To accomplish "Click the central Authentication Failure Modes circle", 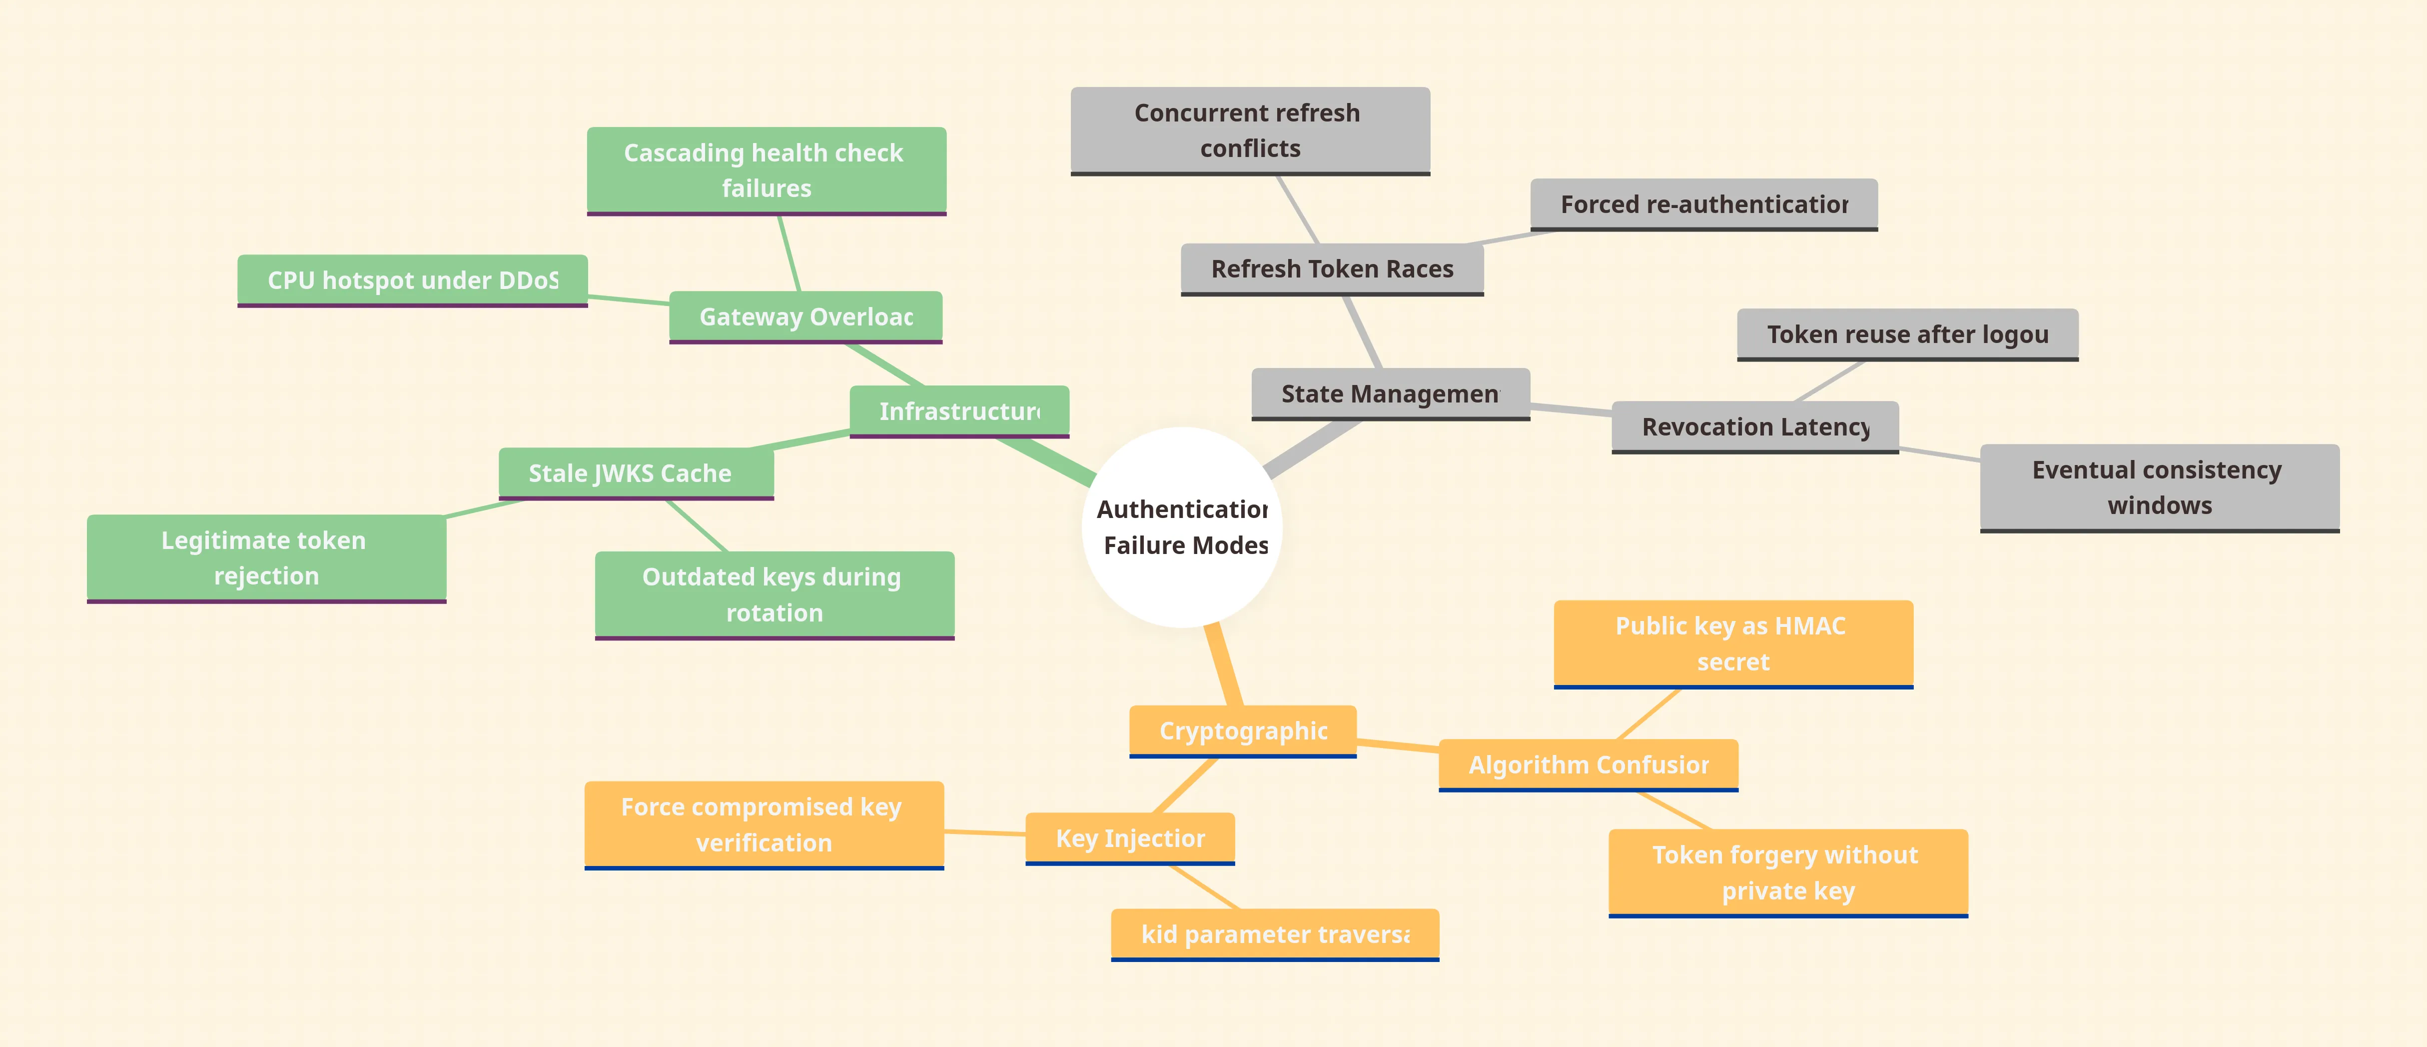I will coord(1182,527).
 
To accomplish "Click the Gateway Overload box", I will coord(806,316).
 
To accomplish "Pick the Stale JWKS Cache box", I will coord(636,473).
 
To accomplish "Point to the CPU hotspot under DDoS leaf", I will coord(413,280).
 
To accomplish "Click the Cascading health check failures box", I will coord(766,170).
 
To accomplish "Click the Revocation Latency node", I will coord(1755,427).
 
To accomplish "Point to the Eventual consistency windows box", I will coord(2160,487).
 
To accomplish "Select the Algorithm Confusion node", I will coord(1589,764).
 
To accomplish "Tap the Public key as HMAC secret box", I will coord(1732,643).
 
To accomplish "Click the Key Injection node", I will coord(1130,838).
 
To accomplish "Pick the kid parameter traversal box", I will coord(1275,934).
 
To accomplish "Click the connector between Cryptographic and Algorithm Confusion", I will coord(1398,745).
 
